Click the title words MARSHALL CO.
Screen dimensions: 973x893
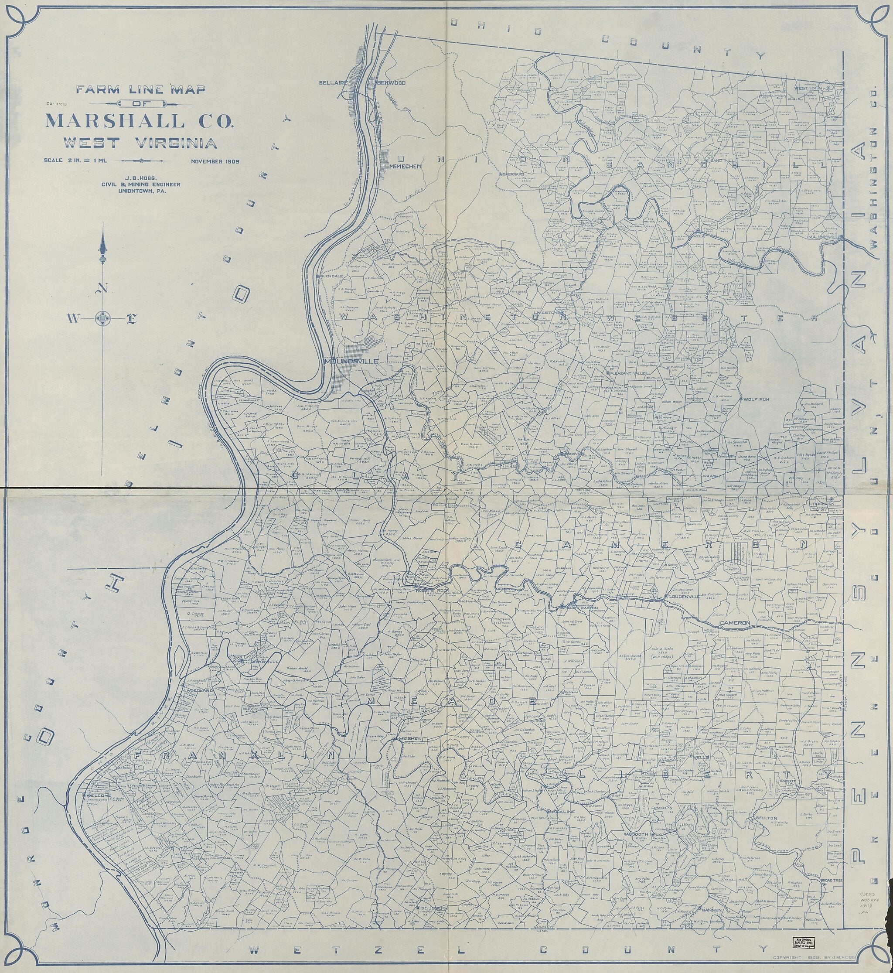click(x=139, y=120)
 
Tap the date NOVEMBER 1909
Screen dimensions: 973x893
click(x=215, y=161)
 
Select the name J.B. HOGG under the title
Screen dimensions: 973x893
click(x=141, y=177)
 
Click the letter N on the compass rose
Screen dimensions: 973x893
click(x=103, y=288)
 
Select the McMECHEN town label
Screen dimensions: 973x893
click(x=406, y=166)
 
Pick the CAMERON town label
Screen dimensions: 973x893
click(x=735, y=624)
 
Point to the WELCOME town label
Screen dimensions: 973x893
click(x=99, y=795)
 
